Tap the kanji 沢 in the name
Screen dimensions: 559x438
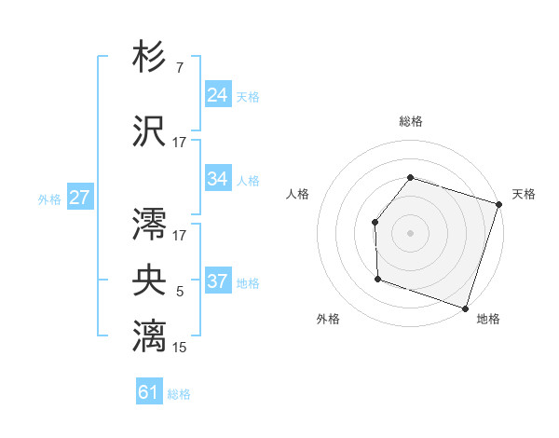click(x=150, y=130)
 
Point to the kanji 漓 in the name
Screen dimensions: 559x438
click(x=150, y=335)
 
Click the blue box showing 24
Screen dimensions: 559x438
click(x=218, y=95)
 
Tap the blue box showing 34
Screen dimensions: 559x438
click(x=218, y=179)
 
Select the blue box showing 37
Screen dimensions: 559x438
click(x=218, y=281)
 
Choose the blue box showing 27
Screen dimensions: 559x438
click(x=79, y=198)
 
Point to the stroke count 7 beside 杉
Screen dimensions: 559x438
click(x=179, y=68)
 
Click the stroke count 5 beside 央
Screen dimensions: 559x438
click(x=179, y=292)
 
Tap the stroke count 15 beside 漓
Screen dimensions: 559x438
click(x=179, y=348)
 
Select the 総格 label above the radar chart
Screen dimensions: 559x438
click(x=410, y=121)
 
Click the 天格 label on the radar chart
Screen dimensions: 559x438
click(x=524, y=194)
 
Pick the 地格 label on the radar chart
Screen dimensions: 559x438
click(x=488, y=319)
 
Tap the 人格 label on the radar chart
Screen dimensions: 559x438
click(x=298, y=194)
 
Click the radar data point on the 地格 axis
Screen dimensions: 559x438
click(x=465, y=308)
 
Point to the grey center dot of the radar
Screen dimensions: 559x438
click(x=410, y=232)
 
